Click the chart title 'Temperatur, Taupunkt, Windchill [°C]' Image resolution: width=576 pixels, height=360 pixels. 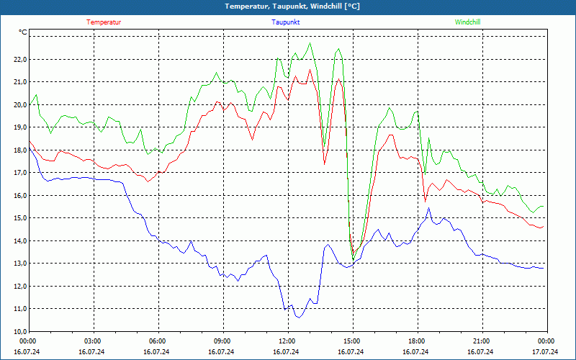287,6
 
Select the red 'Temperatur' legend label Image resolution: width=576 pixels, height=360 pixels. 104,22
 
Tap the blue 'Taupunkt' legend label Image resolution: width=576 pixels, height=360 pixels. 286,22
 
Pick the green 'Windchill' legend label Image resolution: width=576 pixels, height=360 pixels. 467,22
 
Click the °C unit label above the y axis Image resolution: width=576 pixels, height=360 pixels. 23,32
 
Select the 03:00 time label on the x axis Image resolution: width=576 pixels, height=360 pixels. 93,341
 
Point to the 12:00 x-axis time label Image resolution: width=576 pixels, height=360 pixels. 287,341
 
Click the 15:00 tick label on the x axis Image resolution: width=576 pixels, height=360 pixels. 351,341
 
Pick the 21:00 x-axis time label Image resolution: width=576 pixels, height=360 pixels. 481,341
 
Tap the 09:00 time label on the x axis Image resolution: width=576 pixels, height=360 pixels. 222,341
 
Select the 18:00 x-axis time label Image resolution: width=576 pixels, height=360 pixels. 416,341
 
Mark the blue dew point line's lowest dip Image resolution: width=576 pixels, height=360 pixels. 299,317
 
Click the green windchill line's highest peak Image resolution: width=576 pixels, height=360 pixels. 310,43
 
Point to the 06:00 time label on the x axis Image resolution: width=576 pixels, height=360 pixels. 157,341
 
